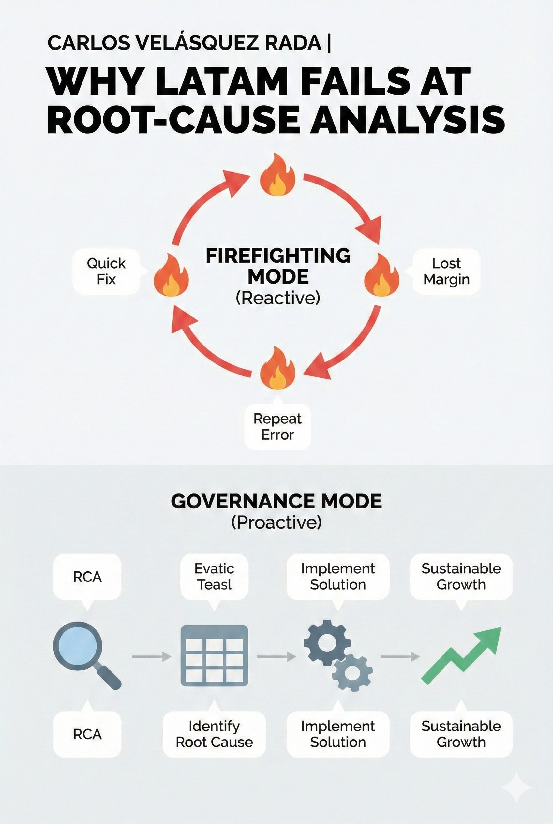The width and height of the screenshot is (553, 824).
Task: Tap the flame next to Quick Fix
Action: pyautogui.click(x=171, y=275)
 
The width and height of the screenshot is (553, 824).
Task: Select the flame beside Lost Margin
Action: pyautogui.click(x=381, y=275)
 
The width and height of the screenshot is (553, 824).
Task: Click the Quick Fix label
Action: pyautogui.click(x=106, y=271)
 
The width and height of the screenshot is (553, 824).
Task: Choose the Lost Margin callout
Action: pyautogui.click(x=446, y=271)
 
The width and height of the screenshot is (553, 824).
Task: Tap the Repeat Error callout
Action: pyautogui.click(x=277, y=427)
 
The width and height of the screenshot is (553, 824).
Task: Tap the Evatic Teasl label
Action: pyautogui.click(x=215, y=577)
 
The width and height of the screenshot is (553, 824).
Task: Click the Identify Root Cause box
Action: pyautogui.click(x=214, y=734)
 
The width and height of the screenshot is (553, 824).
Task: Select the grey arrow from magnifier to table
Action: pyautogui.click(x=151, y=656)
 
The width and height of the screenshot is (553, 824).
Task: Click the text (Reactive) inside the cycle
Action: pyautogui.click(x=278, y=298)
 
